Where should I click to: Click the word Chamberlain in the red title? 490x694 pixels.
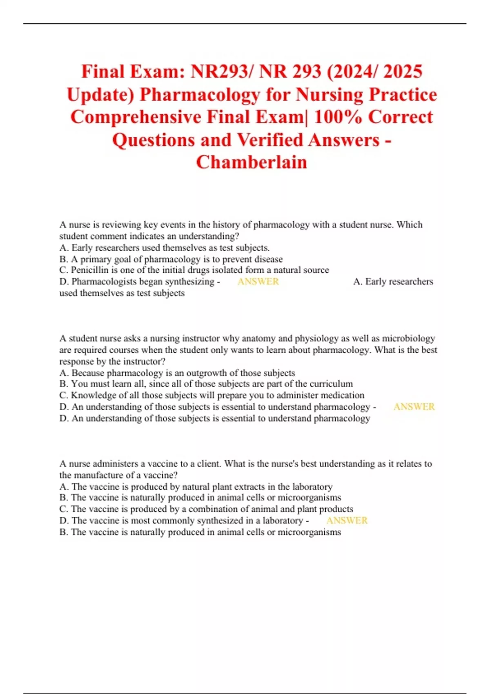click(252, 162)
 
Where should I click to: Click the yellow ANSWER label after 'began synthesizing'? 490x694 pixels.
click(258, 282)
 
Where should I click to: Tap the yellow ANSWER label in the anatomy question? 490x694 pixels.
click(414, 407)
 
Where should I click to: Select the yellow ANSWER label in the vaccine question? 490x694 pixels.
click(347, 520)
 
